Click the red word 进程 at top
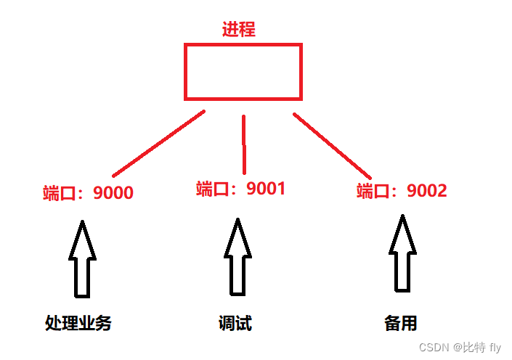[239, 30]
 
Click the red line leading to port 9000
[159, 144]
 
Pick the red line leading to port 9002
[333, 145]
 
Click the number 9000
[113, 193]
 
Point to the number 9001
[266, 189]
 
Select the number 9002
[427, 191]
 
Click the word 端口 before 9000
[59, 193]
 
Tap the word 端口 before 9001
[212, 189]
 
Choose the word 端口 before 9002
[373, 191]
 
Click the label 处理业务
[78, 323]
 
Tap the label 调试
[235, 323]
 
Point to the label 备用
[401, 323]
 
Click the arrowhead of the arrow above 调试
[237, 237]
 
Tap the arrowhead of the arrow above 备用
[403, 232]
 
